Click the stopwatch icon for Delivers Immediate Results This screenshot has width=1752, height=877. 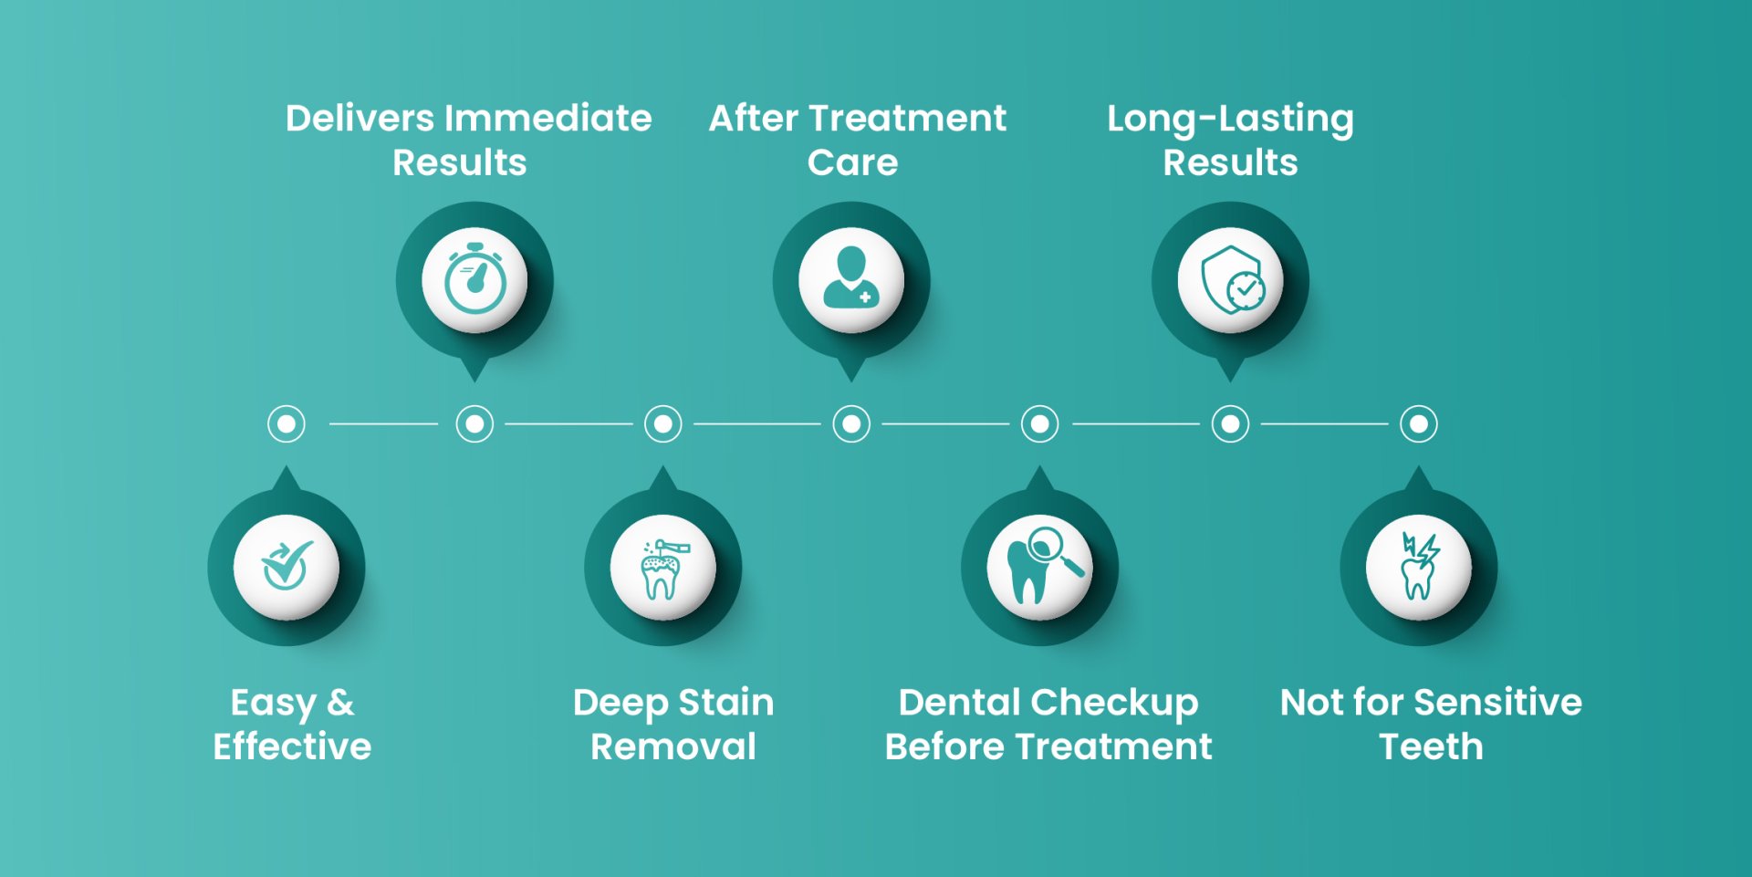pyautogui.click(x=474, y=280)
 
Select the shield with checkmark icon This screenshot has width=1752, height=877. pyautogui.click(x=1230, y=280)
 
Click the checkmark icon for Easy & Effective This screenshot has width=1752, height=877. pyautogui.click(x=287, y=567)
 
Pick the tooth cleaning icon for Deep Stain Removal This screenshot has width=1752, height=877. pyautogui.click(x=663, y=569)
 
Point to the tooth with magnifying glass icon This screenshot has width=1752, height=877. pyautogui.click(x=1040, y=567)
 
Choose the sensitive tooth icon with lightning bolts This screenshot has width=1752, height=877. pyautogui.click(x=1419, y=567)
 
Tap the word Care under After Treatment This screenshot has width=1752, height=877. pyautogui.click(x=852, y=162)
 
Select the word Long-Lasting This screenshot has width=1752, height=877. pyautogui.click(x=1230, y=120)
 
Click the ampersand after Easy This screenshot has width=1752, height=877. pyautogui.click(x=340, y=703)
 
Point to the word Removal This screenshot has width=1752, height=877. pyautogui.click(x=673, y=746)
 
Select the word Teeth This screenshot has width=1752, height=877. pyautogui.click(x=1431, y=746)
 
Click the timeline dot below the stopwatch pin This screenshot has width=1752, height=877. pyautogui.click(x=474, y=424)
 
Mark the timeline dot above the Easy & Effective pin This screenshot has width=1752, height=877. pyautogui.click(x=287, y=424)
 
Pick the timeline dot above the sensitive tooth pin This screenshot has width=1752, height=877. pyautogui.click(x=1419, y=424)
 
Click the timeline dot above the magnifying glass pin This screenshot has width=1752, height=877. pyautogui.click(x=1040, y=424)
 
